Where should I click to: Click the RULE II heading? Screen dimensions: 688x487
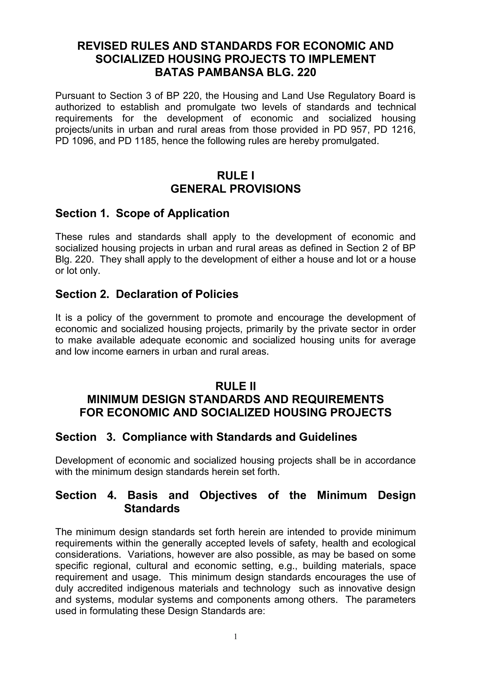[235, 386]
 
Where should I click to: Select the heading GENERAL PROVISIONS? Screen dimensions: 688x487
[235, 189]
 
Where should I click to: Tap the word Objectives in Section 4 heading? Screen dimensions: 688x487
[228, 495]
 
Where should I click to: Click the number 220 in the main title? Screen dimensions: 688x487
[307, 72]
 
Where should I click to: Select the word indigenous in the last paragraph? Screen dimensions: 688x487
[150, 588]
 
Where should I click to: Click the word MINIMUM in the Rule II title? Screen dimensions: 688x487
[112, 399]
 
